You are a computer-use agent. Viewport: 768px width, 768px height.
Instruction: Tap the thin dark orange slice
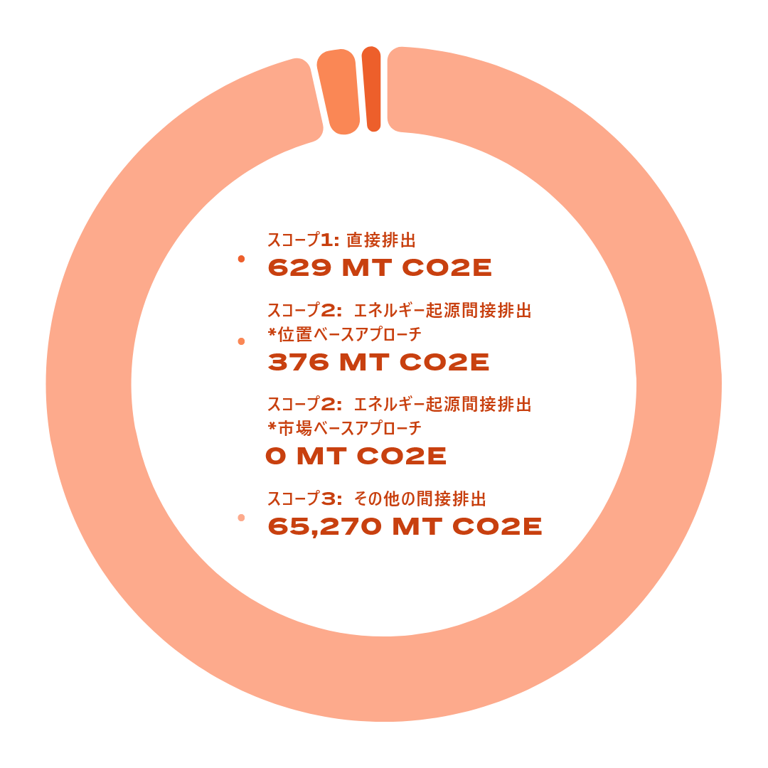[372, 89]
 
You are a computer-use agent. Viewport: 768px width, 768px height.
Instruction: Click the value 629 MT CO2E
[380, 268]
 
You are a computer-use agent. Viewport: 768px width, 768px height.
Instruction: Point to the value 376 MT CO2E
[378, 362]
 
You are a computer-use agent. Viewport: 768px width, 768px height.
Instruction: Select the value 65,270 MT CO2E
[404, 527]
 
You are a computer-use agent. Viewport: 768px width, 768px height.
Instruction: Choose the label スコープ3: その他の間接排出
[377, 498]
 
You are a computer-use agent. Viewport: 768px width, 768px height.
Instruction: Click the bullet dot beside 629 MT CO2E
[241, 260]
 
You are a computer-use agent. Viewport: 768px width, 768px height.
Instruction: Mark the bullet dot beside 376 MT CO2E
[241, 342]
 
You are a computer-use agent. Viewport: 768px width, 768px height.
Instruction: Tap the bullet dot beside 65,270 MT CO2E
[241, 518]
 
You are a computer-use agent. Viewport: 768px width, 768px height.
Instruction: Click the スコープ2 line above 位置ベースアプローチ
[399, 311]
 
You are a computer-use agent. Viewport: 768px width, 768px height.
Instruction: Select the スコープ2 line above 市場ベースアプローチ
[399, 405]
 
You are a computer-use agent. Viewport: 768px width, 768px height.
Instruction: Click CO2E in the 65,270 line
[497, 527]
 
